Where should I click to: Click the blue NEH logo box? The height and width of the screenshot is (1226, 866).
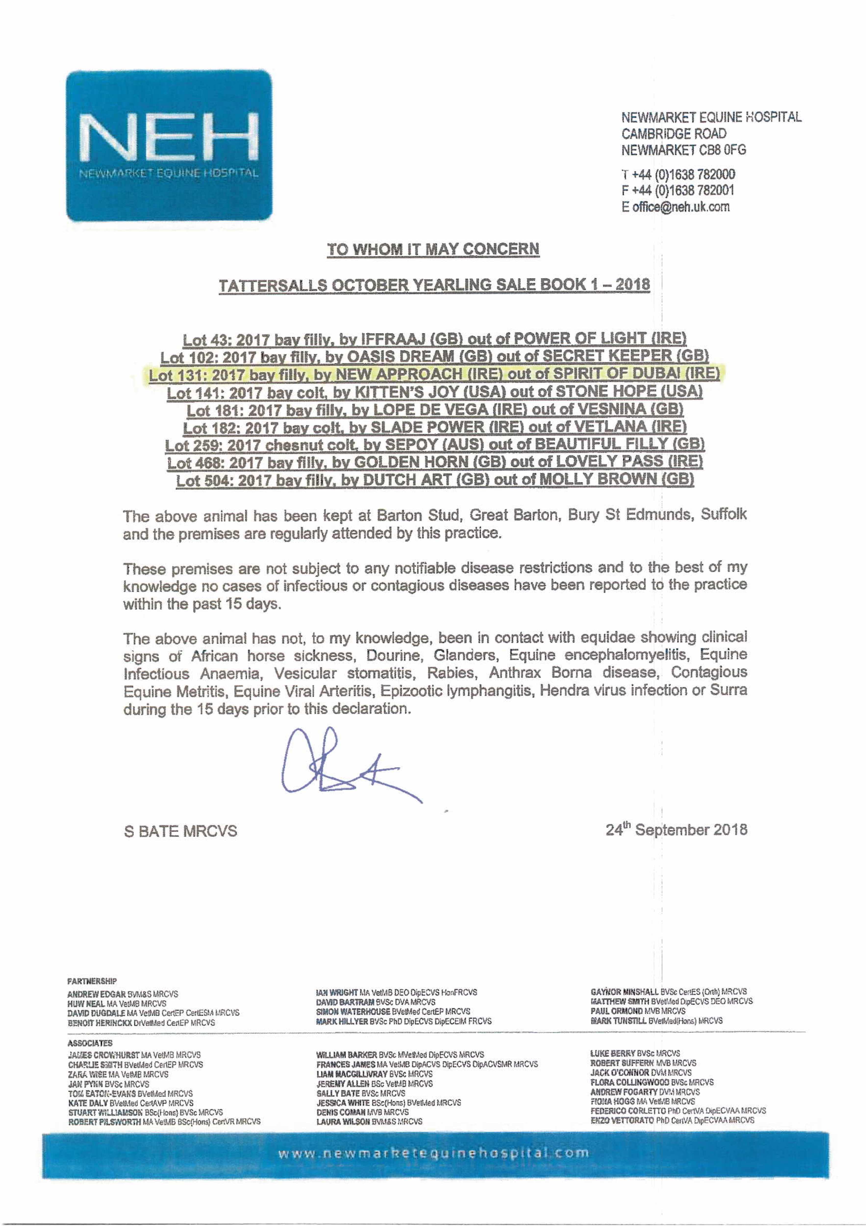click(169, 145)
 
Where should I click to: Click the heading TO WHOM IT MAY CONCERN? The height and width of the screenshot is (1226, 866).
click(433, 249)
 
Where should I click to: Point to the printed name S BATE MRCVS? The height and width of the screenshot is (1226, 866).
click(180, 831)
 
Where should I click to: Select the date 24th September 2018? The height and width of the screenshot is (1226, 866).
click(676, 830)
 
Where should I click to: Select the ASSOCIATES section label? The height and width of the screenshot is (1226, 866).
click(90, 1043)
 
